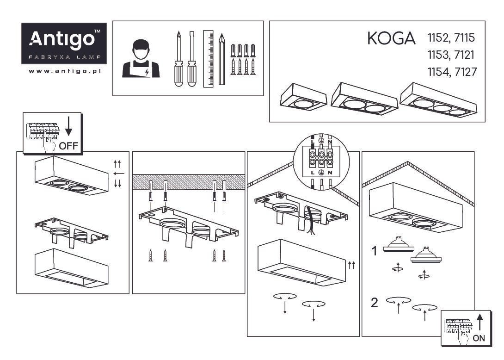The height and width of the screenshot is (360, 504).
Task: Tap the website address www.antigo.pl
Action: pyautogui.click(x=65, y=71)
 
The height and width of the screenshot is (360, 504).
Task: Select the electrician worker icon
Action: pyautogui.click(x=141, y=59)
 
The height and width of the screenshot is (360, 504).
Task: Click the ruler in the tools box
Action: pyautogui.click(x=208, y=59)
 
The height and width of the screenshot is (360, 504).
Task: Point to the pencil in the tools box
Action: pyautogui.click(x=222, y=59)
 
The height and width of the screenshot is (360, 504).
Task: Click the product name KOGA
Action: pyautogui.click(x=391, y=38)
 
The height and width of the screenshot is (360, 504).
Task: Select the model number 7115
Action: pyautogui.click(x=464, y=38)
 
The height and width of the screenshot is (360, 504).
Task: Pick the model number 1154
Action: pyautogui.click(x=438, y=72)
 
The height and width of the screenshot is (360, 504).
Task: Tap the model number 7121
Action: pyautogui.click(x=464, y=55)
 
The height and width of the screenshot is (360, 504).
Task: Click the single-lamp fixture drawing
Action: pyautogui.click(x=303, y=97)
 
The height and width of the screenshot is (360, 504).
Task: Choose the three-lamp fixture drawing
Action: pyautogui.click(x=438, y=99)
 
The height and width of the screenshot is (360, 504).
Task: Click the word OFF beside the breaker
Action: pyautogui.click(x=68, y=146)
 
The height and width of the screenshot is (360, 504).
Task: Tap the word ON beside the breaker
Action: pyautogui.click(x=479, y=338)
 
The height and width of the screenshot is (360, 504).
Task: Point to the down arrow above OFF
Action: pyautogui.click(x=69, y=126)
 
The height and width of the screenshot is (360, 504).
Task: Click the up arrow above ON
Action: pyautogui.click(x=480, y=323)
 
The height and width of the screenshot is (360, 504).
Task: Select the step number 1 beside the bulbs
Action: pyautogui.click(x=374, y=251)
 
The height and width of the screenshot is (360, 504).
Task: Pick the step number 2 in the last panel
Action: pyautogui.click(x=374, y=303)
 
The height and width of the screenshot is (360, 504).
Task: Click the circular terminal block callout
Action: pyautogui.click(x=321, y=161)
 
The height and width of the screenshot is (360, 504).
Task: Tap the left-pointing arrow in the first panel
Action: pyautogui.click(x=119, y=174)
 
